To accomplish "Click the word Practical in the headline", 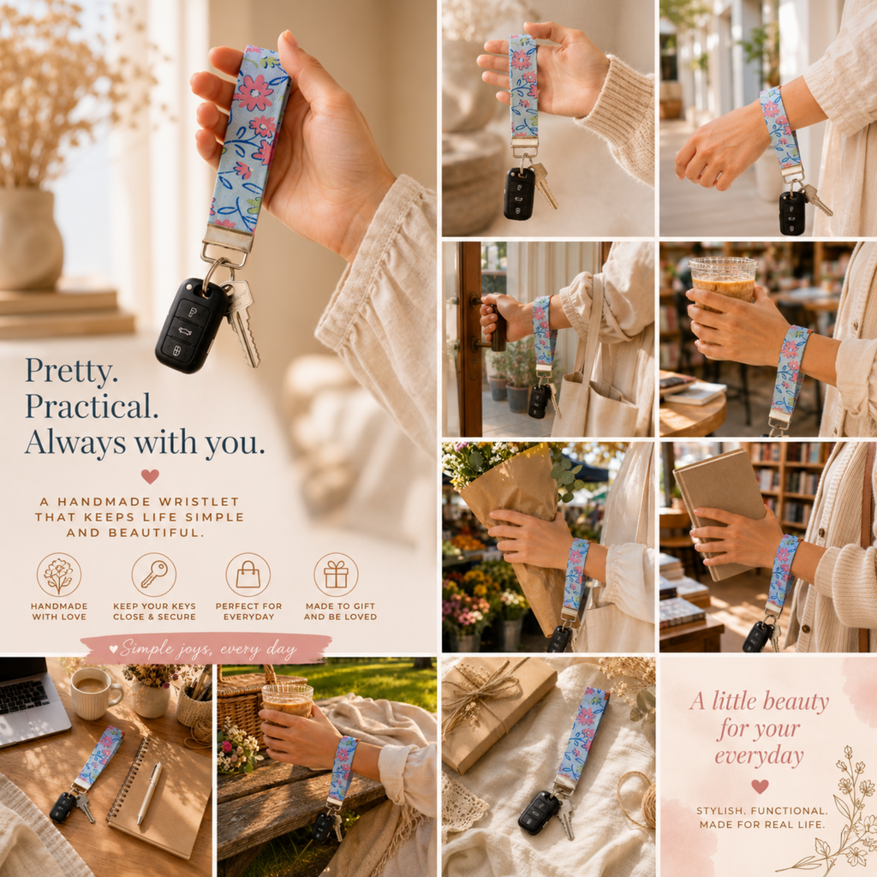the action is pos(91,407).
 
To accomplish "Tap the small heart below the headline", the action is pos(150,476).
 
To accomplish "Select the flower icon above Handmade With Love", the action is pos(59,575).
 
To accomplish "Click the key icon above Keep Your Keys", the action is pos(154,575).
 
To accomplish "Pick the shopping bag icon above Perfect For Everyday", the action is pos(248,575).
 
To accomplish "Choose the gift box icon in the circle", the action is pos(336,575).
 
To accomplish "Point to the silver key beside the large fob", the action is pos(242,323).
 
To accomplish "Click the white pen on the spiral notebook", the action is pos(149,792).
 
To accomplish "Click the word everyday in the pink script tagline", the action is pos(759,756).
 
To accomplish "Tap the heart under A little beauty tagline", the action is pos(759,786).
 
